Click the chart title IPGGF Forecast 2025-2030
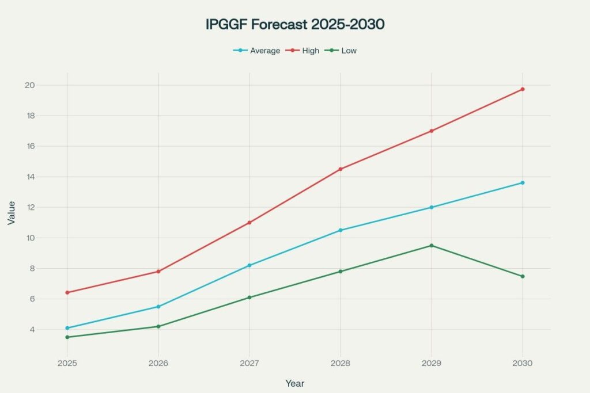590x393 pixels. (295, 25)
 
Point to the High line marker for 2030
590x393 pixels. (523, 89)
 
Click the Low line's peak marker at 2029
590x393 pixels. (432, 246)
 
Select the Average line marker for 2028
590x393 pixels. (341, 230)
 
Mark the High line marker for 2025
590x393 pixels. (67, 292)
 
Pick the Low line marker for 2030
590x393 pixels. (523, 276)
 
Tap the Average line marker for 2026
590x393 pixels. (158, 307)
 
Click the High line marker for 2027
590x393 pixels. (249, 223)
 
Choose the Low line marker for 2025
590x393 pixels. (67, 337)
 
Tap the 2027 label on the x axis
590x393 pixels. (249, 364)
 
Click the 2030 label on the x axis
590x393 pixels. (523, 364)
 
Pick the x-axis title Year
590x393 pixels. (295, 383)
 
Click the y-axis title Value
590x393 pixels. (11, 212)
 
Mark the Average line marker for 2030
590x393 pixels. (523, 182)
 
